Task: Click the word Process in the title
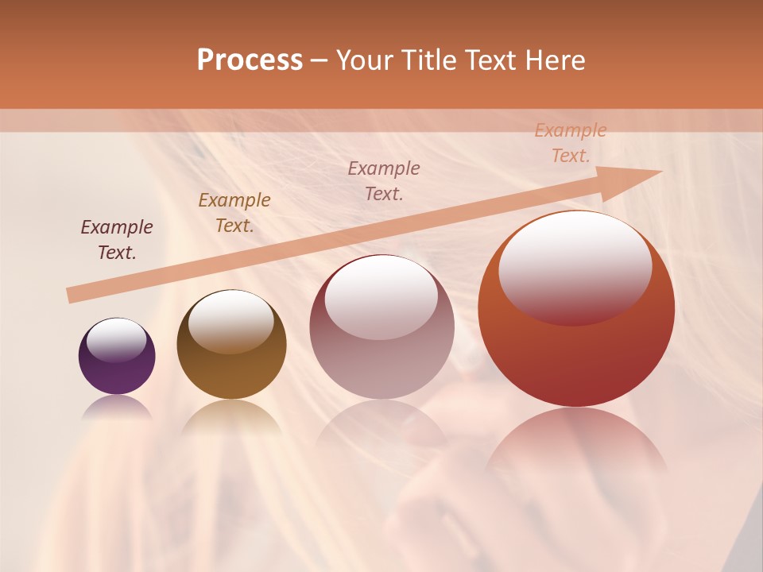point(250,60)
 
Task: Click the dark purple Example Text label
point(117,240)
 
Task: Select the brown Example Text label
point(234,213)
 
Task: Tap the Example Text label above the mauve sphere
point(384,181)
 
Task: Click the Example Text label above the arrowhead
point(570,143)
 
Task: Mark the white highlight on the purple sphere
point(116,340)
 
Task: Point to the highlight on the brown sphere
point(230,321)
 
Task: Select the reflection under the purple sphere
point(117,407)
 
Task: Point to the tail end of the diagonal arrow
point(72,296)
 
